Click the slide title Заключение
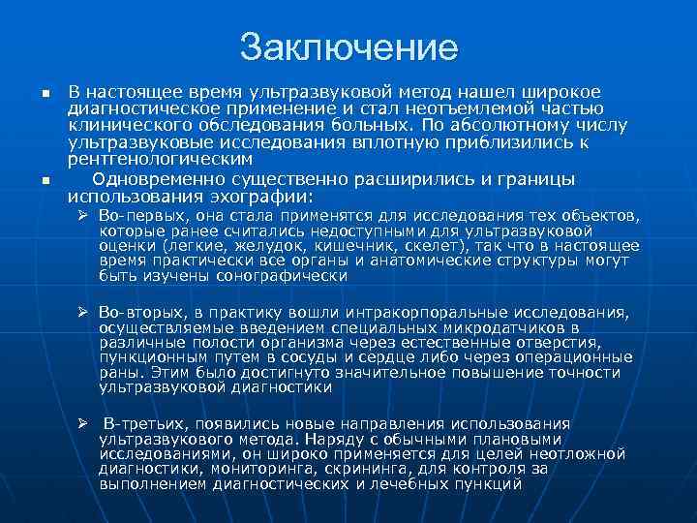348,46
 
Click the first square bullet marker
45,94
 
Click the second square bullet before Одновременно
45,181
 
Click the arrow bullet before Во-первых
84,213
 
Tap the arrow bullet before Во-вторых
84,314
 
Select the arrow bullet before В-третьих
84,424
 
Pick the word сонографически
286,275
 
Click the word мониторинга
231,469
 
